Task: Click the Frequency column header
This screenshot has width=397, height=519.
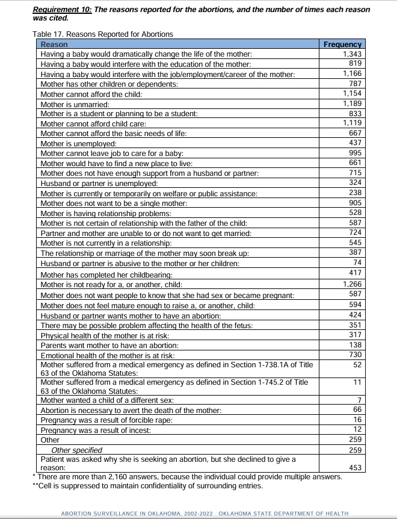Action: pos(342,44)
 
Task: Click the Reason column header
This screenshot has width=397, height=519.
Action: pos(54,44)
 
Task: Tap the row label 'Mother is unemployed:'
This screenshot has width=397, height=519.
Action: pos(78,143)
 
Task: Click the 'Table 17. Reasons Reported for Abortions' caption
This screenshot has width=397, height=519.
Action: pos(103,34)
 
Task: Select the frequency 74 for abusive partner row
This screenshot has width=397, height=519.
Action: pos(357,263)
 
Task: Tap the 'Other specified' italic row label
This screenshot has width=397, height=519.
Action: pos(76,450)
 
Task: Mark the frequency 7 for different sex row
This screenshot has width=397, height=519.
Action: pos(359,400)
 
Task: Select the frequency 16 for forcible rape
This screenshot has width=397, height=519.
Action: pos(357,420)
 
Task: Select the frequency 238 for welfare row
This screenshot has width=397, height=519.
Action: pos(355,193)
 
